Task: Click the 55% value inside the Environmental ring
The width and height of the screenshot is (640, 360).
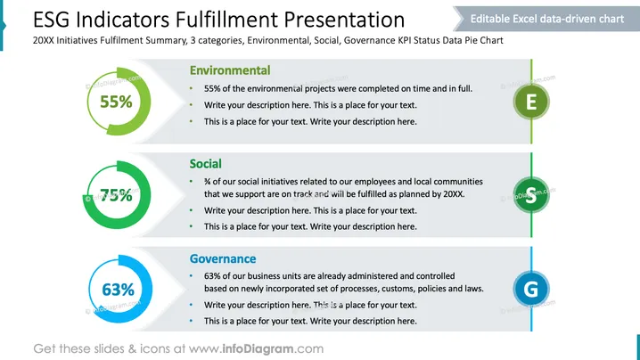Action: tap(117, 102)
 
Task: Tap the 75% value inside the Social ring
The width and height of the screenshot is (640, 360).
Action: tap(117, 195)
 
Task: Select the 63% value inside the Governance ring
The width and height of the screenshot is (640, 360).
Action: tap(118, 290)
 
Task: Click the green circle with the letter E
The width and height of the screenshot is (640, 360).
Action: tap(531, 102)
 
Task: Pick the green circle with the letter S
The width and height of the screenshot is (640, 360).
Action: tap(531, 195)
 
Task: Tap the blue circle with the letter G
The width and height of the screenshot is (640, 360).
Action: tap(531, 289)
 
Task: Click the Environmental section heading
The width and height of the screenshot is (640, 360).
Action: tap(230, 70)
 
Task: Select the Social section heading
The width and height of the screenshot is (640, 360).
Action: tap(205, 164)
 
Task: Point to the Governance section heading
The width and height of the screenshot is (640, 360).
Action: tap(223, 258)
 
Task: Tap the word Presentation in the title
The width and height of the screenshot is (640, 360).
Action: tap(344, 20)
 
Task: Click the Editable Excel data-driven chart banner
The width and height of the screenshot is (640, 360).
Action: tap(546, 19)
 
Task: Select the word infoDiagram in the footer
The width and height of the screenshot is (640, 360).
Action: tap(258, 348)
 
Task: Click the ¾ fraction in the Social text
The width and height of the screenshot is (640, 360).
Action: tap(208, 182)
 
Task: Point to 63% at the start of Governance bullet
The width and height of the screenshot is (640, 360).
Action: tap(212, 276)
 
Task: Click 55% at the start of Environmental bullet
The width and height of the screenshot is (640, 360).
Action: tap(212, 88)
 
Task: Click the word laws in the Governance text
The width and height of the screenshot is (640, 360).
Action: tap(474, 289)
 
